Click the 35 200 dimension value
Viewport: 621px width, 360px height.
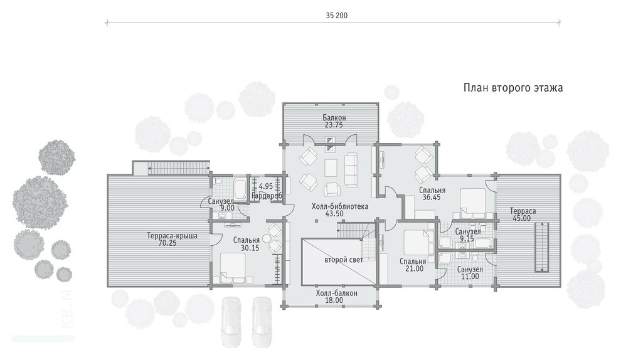337,16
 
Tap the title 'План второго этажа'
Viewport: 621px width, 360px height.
513,88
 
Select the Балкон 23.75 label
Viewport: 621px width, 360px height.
334,121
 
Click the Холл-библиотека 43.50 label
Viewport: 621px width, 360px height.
340,210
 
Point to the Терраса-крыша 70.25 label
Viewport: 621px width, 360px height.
172,240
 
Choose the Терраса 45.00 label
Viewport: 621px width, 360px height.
523,214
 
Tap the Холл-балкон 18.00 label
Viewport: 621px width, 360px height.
336,297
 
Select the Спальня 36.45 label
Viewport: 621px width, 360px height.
432,194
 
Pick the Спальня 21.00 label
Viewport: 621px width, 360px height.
413,265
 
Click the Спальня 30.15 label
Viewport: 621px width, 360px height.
247,244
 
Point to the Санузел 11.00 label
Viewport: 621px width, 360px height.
470,273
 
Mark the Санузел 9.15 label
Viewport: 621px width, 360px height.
468,235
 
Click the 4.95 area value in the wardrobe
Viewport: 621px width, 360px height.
266,186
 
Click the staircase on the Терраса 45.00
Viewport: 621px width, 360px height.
541,248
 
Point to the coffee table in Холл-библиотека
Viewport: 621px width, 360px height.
331,167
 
